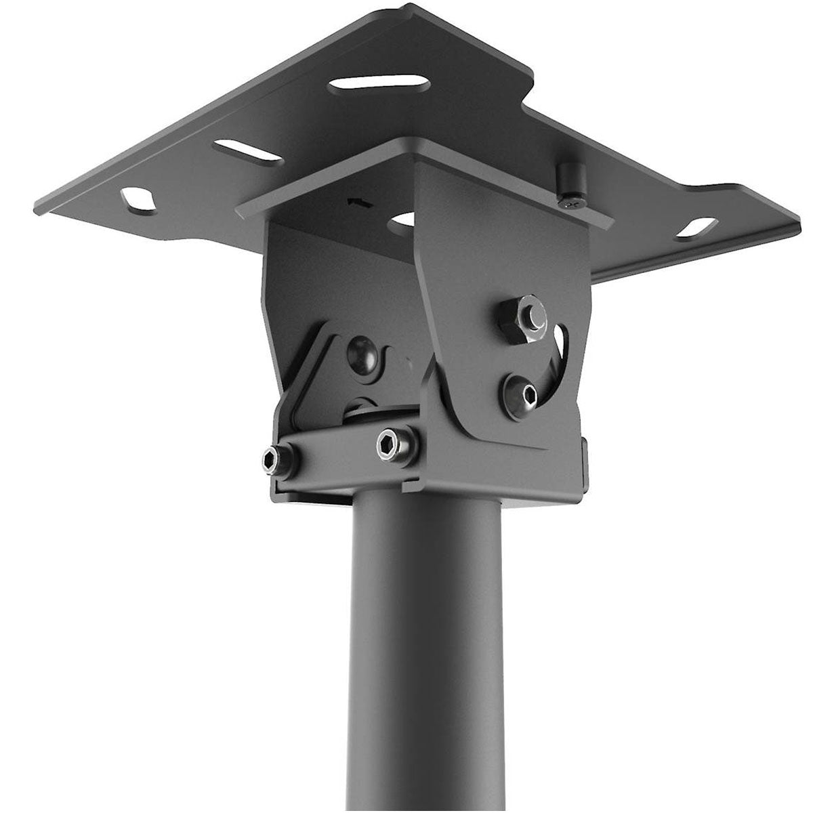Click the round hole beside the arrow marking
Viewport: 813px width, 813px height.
pos(404,220)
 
